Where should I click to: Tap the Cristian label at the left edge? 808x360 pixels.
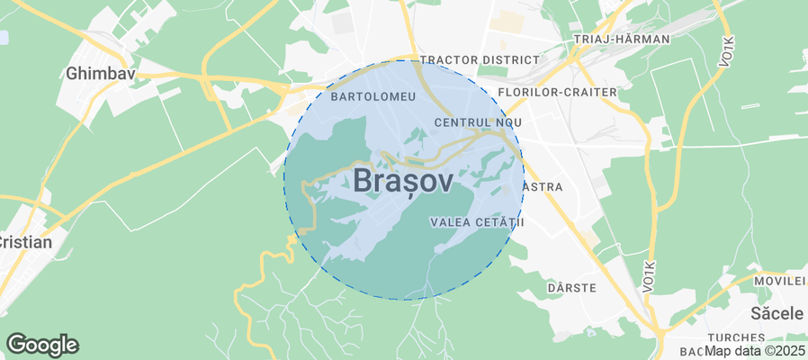click(x=25, y=242)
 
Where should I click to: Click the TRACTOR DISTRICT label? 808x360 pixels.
click(x=480, y=59)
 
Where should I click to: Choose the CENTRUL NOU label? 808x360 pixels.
click(x=477, y=121)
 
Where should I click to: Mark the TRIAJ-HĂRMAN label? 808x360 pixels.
click(x=622, y=40)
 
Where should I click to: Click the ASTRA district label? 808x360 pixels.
click(x=543, y=187)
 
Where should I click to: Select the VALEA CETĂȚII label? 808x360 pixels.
click(x=477, y=221)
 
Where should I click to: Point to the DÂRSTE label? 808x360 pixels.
click(x=572, y=287)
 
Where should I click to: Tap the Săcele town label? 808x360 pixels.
click(x=777, y=313)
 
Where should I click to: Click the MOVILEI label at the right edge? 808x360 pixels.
click(x=781, y=281)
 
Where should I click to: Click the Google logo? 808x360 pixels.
click(x=42, y=344)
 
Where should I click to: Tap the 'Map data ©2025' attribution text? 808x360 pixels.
click(x=754, y=350)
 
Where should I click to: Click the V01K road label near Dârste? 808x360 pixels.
click(x=649, y=275)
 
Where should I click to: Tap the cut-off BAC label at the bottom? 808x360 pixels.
click(x=690, y=350)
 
